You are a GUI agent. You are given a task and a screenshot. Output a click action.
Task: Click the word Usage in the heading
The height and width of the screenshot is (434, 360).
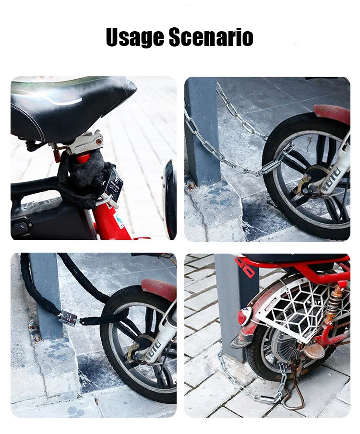coord(135,37)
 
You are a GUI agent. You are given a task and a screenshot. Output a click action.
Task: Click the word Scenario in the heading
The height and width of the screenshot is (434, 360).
coord(211,37)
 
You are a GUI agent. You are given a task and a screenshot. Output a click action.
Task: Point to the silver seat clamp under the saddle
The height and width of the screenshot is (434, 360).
coord(86,143)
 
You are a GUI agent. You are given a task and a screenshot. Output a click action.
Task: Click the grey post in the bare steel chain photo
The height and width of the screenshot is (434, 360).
coord(202,129)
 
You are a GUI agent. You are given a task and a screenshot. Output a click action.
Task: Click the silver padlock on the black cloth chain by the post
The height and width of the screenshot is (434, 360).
coord(68,318)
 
